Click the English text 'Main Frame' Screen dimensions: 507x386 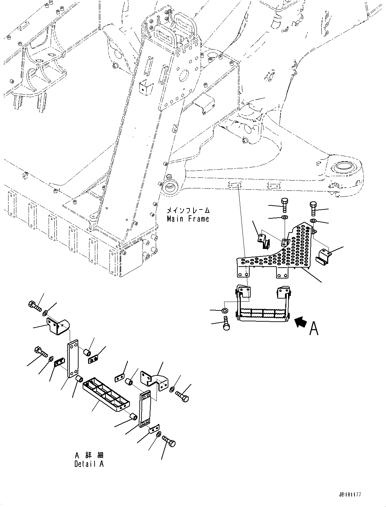point(188,219)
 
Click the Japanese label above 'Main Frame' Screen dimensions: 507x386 point(188,210)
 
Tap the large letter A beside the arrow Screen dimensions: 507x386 point(314,328)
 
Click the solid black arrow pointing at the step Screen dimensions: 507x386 point(301,322)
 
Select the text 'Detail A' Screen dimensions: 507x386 point(89,464)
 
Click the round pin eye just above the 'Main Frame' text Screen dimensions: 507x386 point(169,186)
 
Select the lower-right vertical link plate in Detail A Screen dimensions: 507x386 point(146,409)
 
